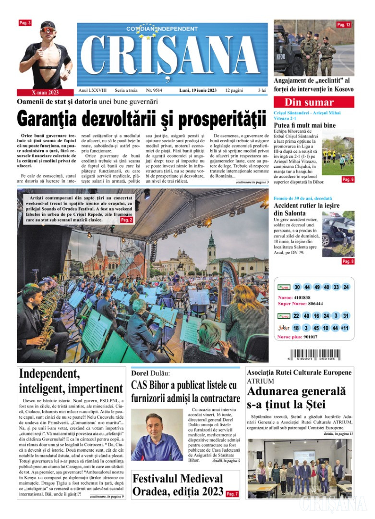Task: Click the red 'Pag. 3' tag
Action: coord(25,23)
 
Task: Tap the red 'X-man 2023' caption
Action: coord(44,92)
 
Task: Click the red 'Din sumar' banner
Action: coord(314,102)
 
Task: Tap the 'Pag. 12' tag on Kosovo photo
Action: coord(344,25)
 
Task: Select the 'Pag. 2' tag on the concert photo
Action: coord(126,220)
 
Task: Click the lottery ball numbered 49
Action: coord(317,287)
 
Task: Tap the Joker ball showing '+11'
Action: coord(345,328)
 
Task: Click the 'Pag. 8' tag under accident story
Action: coord(348,261)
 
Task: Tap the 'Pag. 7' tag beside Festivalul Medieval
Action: coord(232,494)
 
